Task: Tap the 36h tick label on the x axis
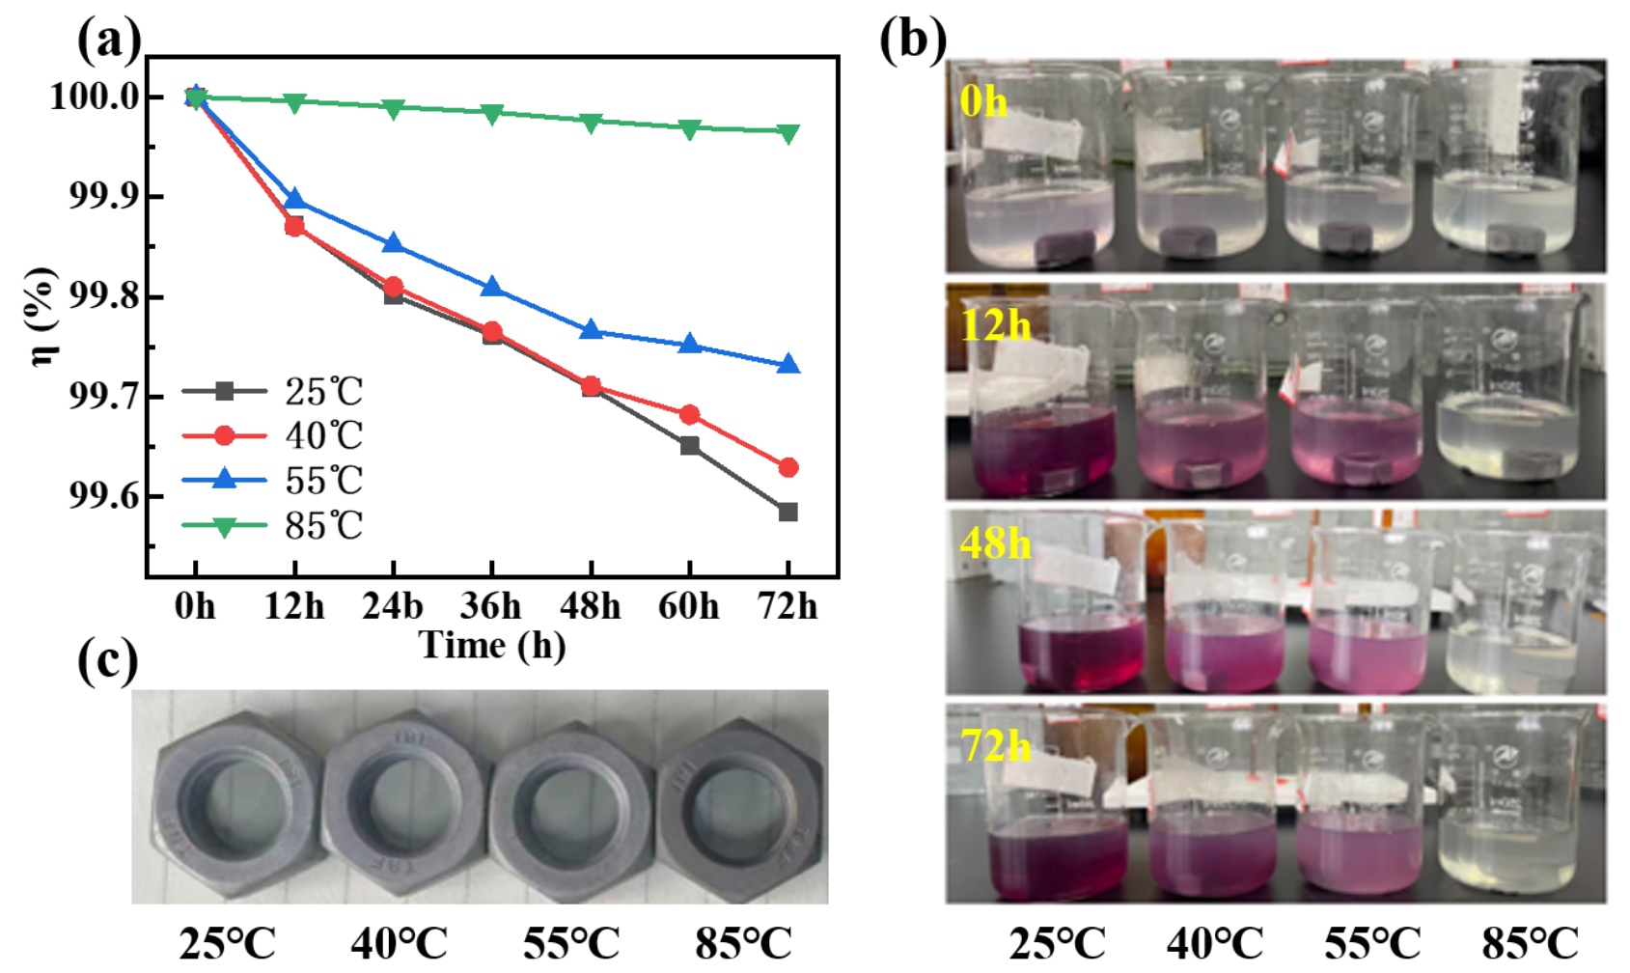click(x=491, y=606)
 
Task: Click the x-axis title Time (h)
click(x=492, y=645)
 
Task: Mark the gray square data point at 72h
click(x=788, y=512)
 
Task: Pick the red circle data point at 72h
click(x=788, y=468)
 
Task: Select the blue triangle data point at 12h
click(x=294, y=200)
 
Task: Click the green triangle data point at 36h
click(x=492, y=114)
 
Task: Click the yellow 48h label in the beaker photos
click(x=995, y=544)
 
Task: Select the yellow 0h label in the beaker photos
click(x=983, y=101)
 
